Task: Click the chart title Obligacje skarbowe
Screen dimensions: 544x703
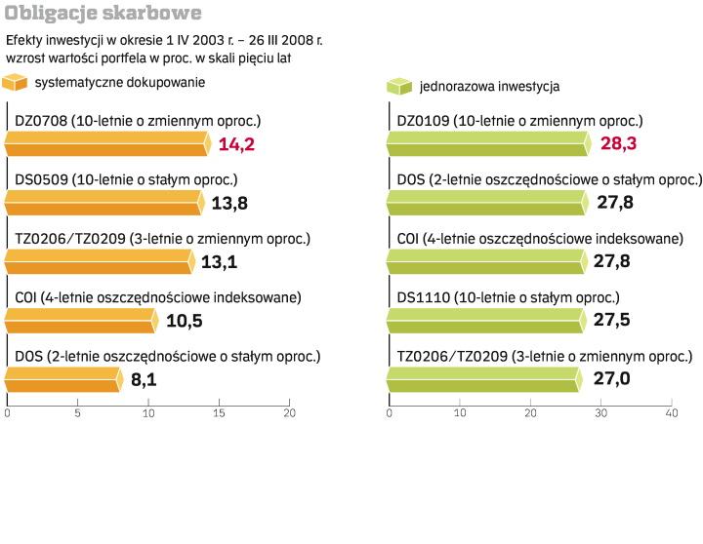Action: click(103, 14)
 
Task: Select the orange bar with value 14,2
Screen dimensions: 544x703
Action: click(106, 145)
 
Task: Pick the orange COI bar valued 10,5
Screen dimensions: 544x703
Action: click(81, 321)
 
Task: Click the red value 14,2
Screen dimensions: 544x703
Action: click(236, 145)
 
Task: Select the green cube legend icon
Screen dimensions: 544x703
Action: click(399, 86)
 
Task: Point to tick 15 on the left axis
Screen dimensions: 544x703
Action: click(219, 413)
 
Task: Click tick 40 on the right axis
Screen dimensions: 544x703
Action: click(672, 413)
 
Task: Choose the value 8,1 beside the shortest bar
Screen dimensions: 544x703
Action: click(144, 379)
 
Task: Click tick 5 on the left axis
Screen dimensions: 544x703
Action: click(78, 413)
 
